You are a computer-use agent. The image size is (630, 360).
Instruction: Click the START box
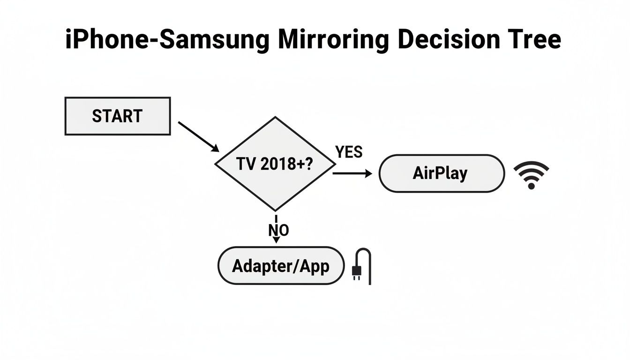(117, 116)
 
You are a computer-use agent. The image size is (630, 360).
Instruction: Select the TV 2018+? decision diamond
(275, 164)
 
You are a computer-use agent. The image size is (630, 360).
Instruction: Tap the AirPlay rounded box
(441, 173)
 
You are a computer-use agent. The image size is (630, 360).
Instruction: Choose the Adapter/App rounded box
(281, 266)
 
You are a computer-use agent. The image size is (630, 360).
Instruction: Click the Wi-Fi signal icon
(531, 175)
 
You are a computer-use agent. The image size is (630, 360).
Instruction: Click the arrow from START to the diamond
(199, 136)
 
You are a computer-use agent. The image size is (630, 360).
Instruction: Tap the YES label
(349, 152)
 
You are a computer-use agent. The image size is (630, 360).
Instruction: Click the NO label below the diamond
(278, 230)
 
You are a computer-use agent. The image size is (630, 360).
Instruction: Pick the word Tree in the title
(533, 39)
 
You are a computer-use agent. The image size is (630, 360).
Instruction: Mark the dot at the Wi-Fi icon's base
(531, 186)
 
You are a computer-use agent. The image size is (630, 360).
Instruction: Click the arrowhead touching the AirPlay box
(369, 173)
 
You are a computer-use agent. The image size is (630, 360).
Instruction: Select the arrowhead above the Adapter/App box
(276, 240)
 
